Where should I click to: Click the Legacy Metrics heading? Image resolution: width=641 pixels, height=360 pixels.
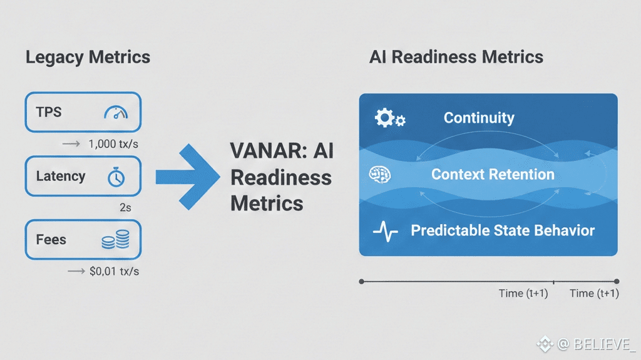88,58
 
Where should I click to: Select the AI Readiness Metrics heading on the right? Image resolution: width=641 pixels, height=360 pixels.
456,57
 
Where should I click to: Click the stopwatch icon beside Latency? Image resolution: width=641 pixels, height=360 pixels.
116,177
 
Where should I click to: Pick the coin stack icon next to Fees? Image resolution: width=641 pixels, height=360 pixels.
116,240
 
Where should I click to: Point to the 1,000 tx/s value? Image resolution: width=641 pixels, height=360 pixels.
113,144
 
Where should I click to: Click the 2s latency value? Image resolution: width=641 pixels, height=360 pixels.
125,208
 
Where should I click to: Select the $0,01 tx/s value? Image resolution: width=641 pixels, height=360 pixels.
114,271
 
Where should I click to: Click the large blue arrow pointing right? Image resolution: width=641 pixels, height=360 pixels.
188,177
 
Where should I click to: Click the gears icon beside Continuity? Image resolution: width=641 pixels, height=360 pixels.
389,118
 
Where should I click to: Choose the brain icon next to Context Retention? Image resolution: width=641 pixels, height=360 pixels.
380,175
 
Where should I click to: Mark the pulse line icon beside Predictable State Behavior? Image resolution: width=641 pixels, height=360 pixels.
386,231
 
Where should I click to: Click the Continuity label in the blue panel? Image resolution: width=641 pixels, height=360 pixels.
479,118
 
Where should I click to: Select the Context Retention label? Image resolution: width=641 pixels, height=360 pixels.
493,174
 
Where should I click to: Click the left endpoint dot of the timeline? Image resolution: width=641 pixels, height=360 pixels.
361,282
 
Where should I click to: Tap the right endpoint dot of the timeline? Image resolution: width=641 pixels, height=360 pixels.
617,282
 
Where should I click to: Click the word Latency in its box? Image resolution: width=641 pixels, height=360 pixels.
61,176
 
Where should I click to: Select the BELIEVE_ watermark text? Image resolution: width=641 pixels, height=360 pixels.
604,344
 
